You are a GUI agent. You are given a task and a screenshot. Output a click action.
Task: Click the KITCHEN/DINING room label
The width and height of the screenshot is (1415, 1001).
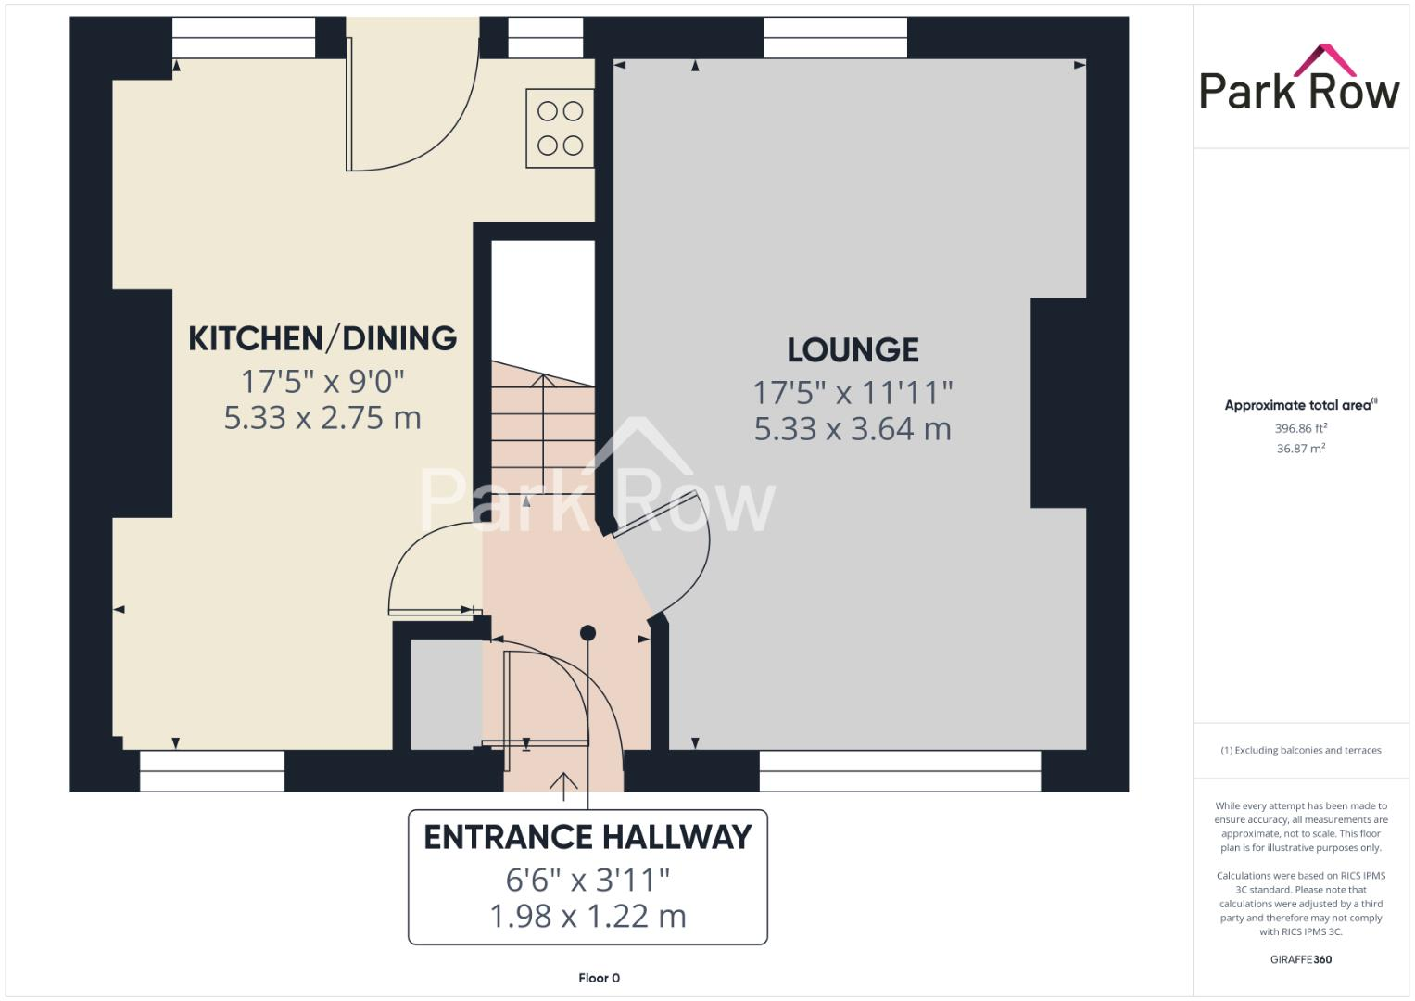tap(322, 338)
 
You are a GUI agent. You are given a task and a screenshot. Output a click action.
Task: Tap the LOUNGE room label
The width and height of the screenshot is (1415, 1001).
tap(853, 350)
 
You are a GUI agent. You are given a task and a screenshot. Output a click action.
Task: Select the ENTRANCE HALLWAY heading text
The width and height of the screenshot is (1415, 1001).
tap(587, 837)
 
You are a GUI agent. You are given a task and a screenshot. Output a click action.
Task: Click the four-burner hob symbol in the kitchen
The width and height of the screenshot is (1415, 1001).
tap(560, 128)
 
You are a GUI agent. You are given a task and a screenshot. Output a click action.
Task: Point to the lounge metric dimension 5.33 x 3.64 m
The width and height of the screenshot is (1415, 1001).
tap(853, 429)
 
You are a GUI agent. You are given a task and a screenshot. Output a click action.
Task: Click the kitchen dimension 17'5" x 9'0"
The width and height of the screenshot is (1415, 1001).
tap(322, 381)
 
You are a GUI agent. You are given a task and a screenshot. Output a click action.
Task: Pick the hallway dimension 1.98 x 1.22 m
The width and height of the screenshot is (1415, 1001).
tap(587, 916)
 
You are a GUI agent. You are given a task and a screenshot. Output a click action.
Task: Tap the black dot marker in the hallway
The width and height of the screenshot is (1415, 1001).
tap(587, 633)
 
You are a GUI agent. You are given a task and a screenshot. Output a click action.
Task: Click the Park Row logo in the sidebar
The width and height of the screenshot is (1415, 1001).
tap(1299, 81)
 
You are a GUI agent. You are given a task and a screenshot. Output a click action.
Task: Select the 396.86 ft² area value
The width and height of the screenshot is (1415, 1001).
tap(1300, 428)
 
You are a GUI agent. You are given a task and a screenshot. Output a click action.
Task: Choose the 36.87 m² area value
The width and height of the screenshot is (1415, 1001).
tap(1300, 449)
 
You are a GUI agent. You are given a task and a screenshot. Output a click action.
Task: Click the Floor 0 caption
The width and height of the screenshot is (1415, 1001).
tap(599, 978)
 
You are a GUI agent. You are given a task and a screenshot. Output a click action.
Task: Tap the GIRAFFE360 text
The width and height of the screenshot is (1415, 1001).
tap(1300, 959)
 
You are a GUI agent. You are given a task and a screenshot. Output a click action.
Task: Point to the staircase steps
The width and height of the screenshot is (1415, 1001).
tap(542, 426)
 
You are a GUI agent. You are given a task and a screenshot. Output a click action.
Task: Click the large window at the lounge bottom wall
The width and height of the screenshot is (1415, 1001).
tap(899, 771)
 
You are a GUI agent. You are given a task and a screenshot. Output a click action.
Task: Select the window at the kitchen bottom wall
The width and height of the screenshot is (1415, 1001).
tap(212, 771)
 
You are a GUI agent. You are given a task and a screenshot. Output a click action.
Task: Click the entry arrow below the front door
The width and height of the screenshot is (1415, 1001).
tap(562, 783)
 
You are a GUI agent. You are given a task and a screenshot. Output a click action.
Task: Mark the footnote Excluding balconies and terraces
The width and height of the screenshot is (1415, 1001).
tap(1300, 750)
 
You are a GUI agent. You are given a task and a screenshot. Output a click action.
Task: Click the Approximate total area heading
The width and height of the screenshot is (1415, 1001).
tap(1300, 405)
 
